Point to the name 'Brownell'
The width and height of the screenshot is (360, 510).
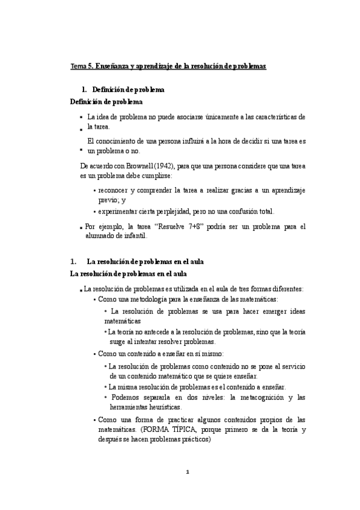pyautogui.click(x=139, y=165)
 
